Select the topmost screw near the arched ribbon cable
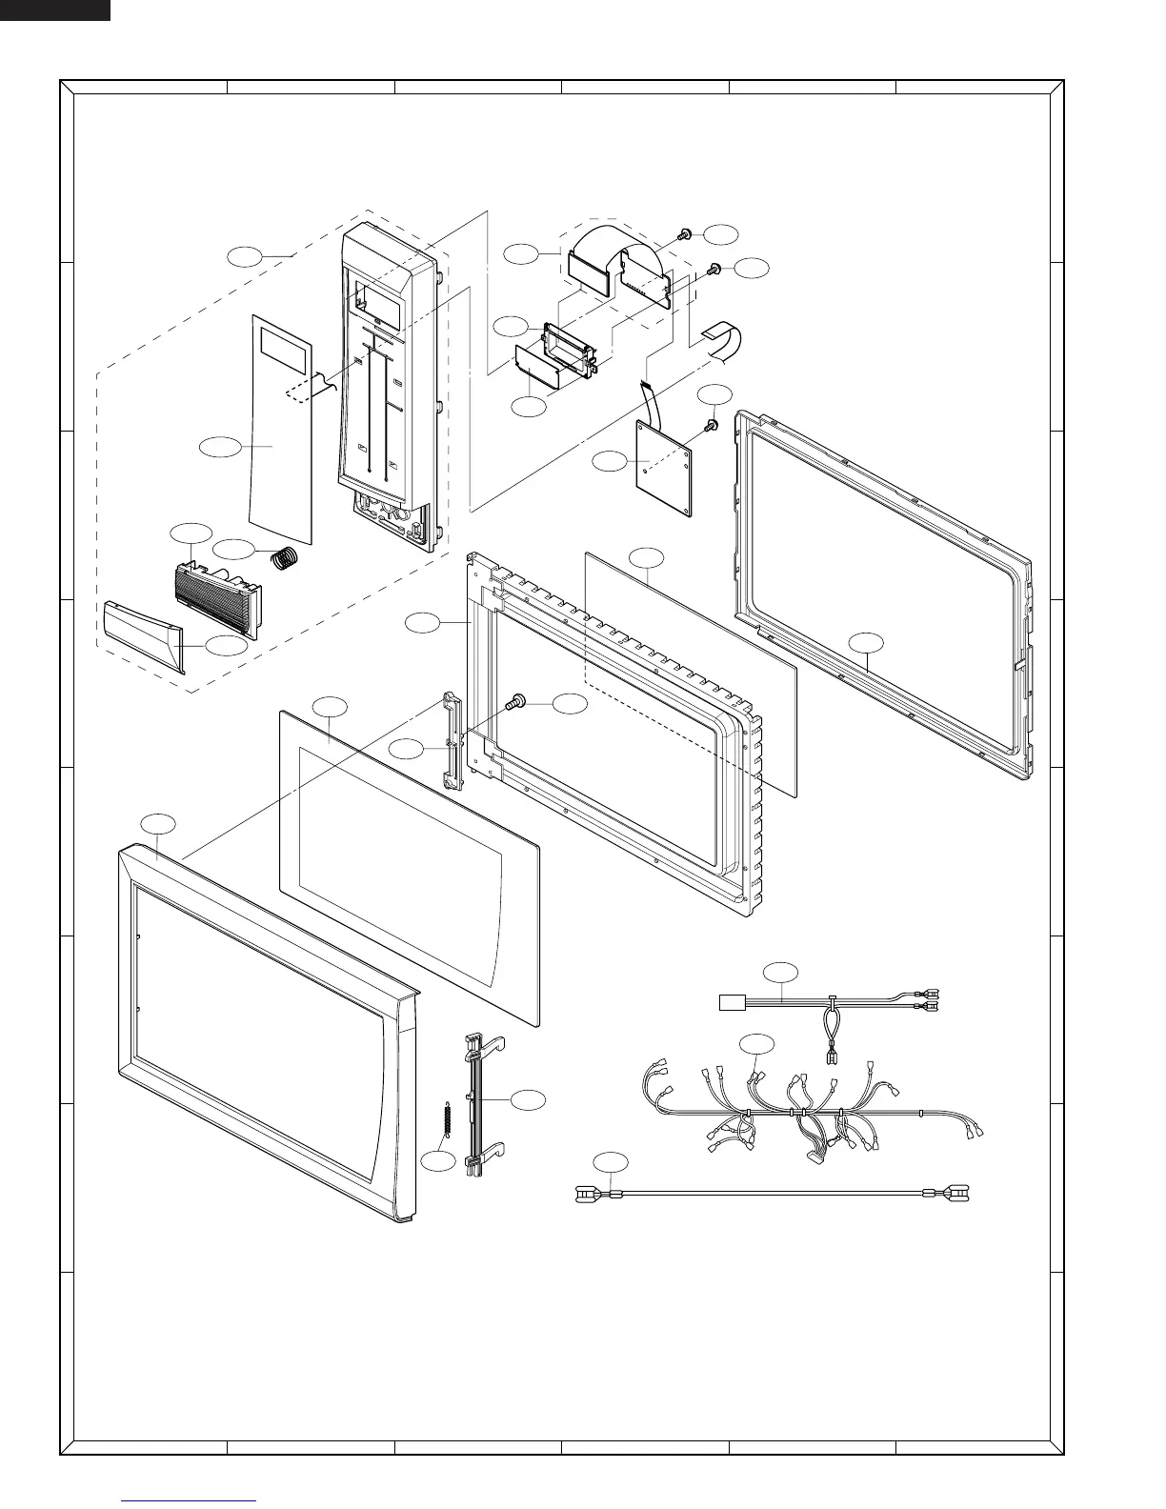point(683,234)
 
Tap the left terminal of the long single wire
point(587,1193)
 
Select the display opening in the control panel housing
point(378,295)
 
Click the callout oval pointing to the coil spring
point(234,549)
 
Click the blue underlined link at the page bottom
point(191,1501)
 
